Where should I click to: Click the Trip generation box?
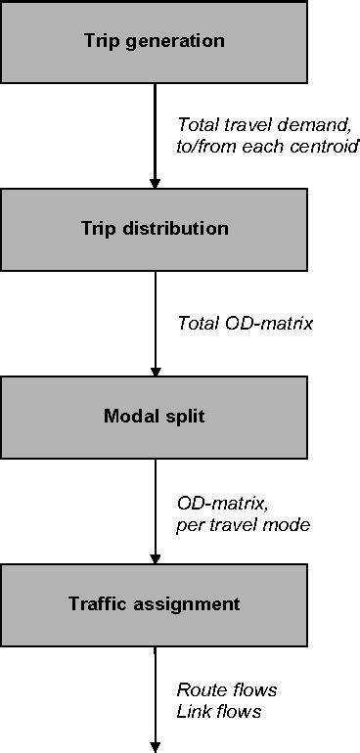click(x=154, y=41)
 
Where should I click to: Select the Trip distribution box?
click(x=154, y=229)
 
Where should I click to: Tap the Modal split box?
click(x=154, y=417)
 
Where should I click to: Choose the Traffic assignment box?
click(x=154, y=603)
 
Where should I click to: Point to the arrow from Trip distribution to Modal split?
click(x=155, y=323)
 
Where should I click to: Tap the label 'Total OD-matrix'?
click(x=246, y=322)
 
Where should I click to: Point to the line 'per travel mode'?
click(x=243, y=524)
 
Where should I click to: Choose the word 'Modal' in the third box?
click(x=129, y=417)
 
